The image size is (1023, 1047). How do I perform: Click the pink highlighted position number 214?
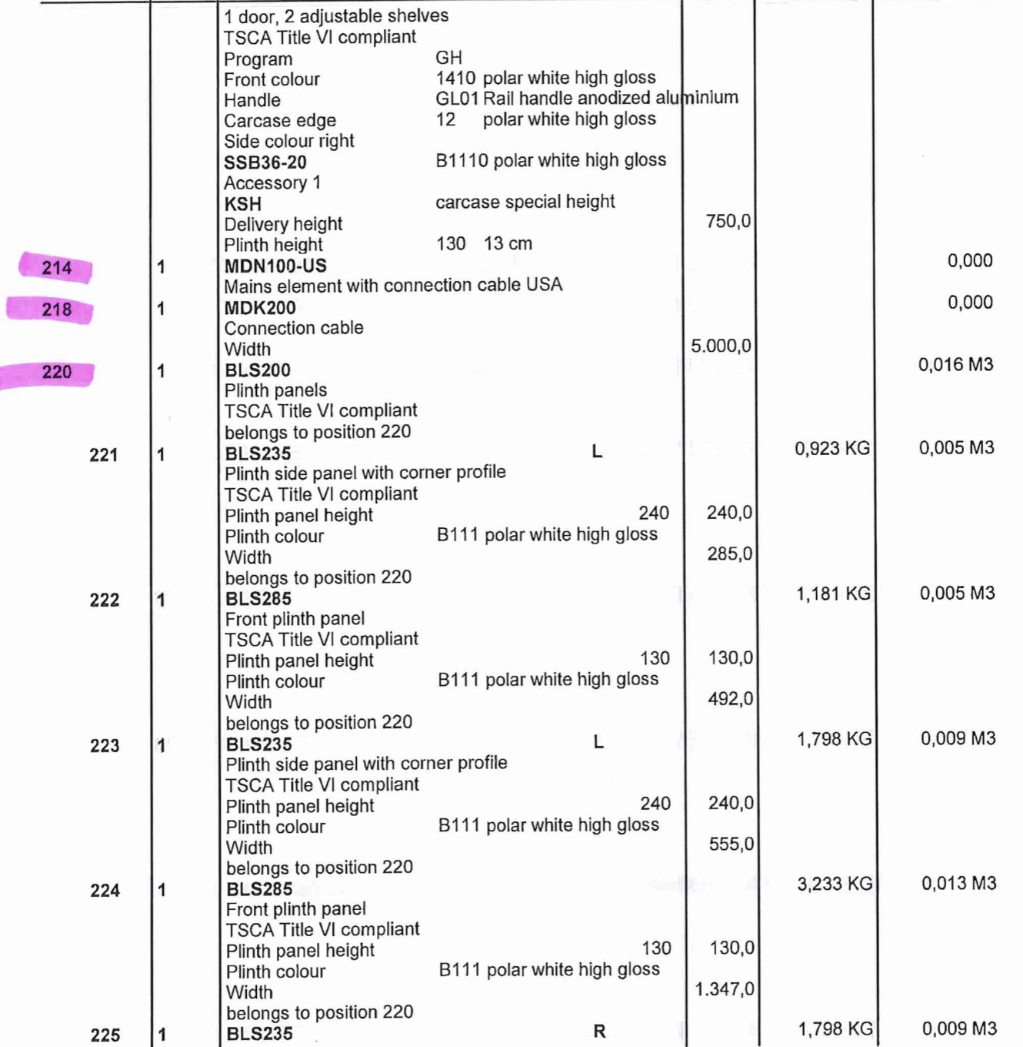[56, 268]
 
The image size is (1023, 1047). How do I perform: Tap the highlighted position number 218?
[56, 309]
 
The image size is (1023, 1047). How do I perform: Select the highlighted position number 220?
[56, 373]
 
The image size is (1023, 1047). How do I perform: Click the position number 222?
[105, 600]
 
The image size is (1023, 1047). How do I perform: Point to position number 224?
[105, 891]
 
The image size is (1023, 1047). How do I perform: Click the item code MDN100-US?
[275, 266]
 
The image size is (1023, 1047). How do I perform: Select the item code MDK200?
[260, 308]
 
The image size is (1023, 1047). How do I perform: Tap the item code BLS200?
[258, 370]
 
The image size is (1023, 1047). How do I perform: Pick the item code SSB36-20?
[265, 162]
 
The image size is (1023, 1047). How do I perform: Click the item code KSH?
[243, 204]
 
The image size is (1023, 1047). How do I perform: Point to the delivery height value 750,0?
[728, 222]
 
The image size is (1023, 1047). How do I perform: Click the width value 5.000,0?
[721, 346]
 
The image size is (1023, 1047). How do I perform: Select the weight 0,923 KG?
[832, 448]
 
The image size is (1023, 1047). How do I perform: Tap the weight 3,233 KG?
[835, 884]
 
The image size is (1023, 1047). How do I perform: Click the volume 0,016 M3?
[955, 365]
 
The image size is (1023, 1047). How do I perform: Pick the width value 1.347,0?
[725, 989]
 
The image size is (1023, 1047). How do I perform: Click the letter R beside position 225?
[600, 1032]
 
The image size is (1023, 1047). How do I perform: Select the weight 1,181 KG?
[833, 594]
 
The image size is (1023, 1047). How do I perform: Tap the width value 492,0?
[730, 699]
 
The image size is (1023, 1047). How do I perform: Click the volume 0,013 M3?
[958, 883]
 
